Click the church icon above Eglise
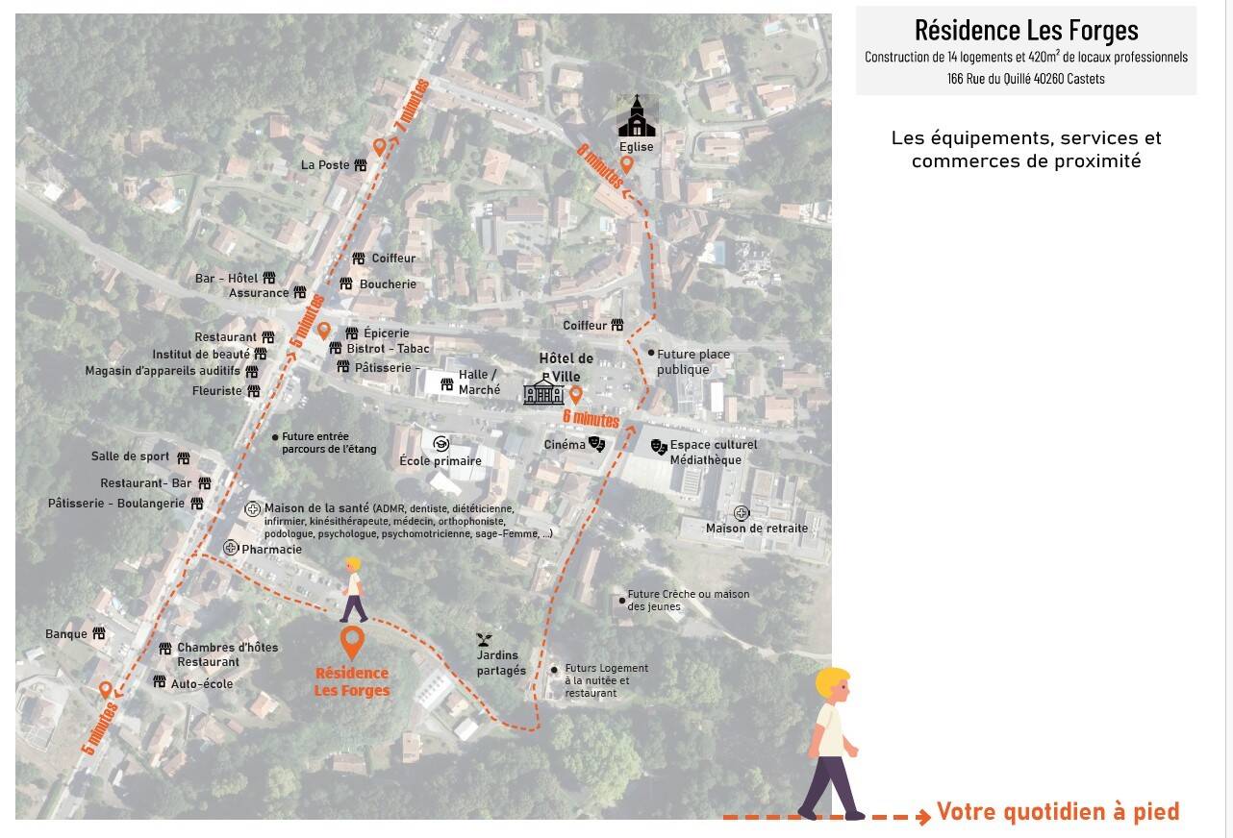[x=637, y=115]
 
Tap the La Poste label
[x=325, y=165]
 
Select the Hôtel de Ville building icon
[x=543, y=391]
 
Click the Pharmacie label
[x=271, y=550]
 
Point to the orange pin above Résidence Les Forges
[x=352, y=642]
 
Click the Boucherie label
[x=388, y=284]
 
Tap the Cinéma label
[x=565, y=444]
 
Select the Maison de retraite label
[x=757, y=528]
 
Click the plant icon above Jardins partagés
[x=485, y=639]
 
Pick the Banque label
[x=66, y=634]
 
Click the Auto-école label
[x=202, y=684]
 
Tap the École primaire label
[x=440, y=460]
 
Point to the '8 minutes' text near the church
[x=599, y=165]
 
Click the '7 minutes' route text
[x=412, y=106]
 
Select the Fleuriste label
[x=216, y=391]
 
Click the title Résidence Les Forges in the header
[x=1026, y=30]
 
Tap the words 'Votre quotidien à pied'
[x=1058, y=812]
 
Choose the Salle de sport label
[x=130, y=456]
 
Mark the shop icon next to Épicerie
[x=352, y=333]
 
